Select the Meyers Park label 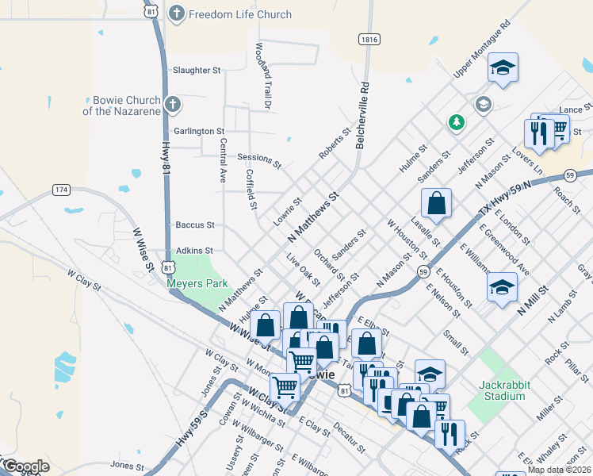[x=197, y=283]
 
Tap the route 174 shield [x=62, y=190]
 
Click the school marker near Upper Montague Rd [x=503, y=69]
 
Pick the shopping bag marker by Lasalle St [x=436, y=204]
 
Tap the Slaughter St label [x=197, y=71]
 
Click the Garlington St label [x=199, y=131]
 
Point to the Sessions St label [x=258, y=161]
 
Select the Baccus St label [x=194, y=225]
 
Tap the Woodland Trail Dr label [x=262, y=77]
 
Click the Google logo [x=26, y=466]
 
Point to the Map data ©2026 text [x=559, y=470]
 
